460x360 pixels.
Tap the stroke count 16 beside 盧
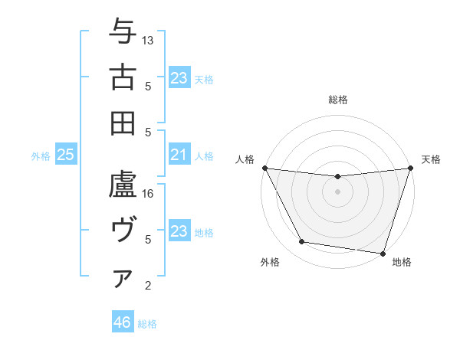click(149, 194)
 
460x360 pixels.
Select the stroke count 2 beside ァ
click(149, 286)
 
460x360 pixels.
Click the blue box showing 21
click(179, 155)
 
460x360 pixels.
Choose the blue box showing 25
click(65, 155)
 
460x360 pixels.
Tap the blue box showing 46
click(122, 322)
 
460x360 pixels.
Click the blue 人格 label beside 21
click(204, 156)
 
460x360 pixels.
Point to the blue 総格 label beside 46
click(147, 324)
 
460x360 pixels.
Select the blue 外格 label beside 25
click(41, 156)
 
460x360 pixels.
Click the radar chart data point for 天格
click(410, 168)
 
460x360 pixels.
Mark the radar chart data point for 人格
click(264, 168)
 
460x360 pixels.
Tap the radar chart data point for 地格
click(383, 253)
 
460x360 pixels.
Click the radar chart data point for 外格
click(302, 242)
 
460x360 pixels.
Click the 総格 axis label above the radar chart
click(337, 100)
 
